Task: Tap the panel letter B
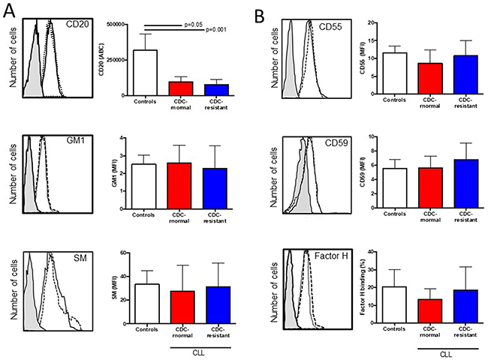259,11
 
